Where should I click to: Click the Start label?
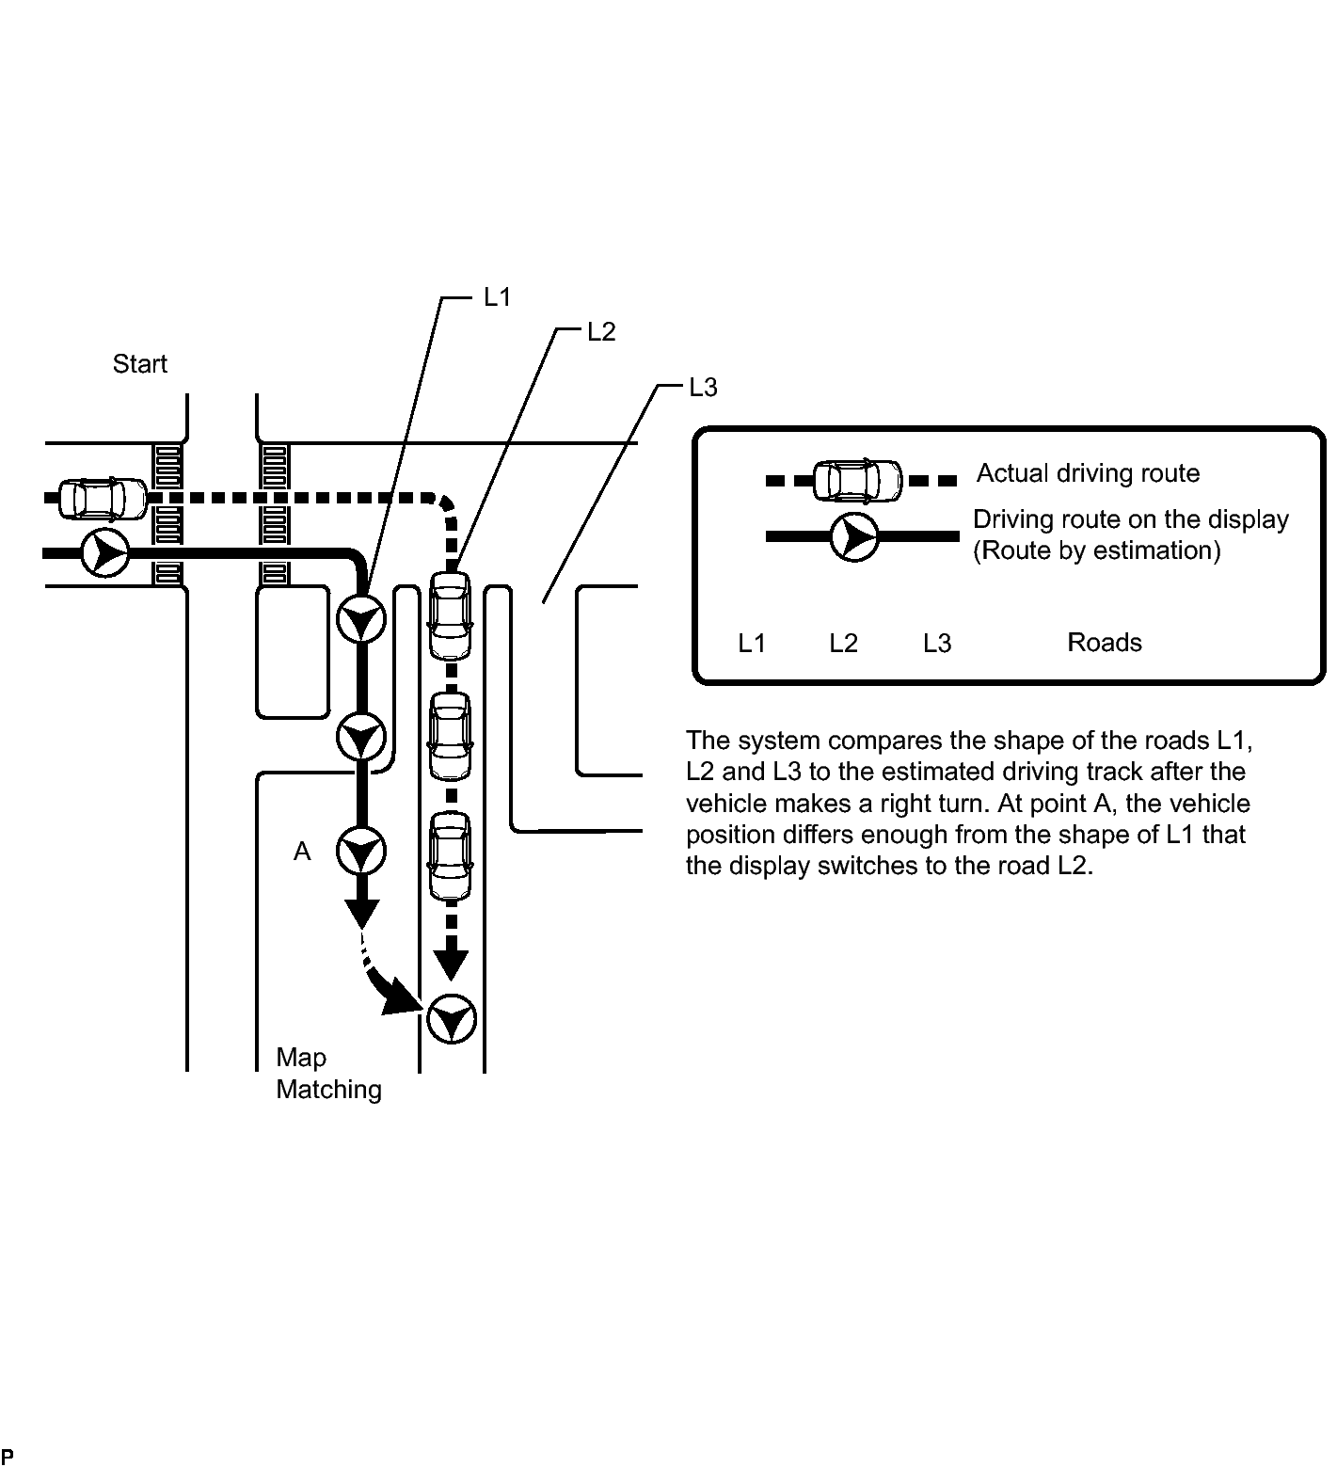[139, 364]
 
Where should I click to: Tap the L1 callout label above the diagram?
[497, 297]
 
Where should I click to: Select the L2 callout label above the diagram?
[600, 332]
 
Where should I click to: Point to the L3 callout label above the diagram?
[703, 387]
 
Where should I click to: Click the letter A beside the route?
[302, 852]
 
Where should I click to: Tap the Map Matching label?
[327, 1074]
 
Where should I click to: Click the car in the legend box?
[857, 481]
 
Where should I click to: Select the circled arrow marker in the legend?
[853, 537]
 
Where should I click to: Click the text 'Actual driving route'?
[1088, 472]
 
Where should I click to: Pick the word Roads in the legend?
[1105, 643]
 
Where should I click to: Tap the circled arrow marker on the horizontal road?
[104, 552]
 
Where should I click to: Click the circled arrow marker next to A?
[361, 852]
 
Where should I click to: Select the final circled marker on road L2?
[452, 1018]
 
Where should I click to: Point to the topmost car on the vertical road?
[451, 616]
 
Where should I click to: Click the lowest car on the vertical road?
[451, 856]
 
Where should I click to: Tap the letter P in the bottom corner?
[8, 1459]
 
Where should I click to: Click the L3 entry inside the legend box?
[936, 644]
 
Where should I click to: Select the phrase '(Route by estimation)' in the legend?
[1096, 550]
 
